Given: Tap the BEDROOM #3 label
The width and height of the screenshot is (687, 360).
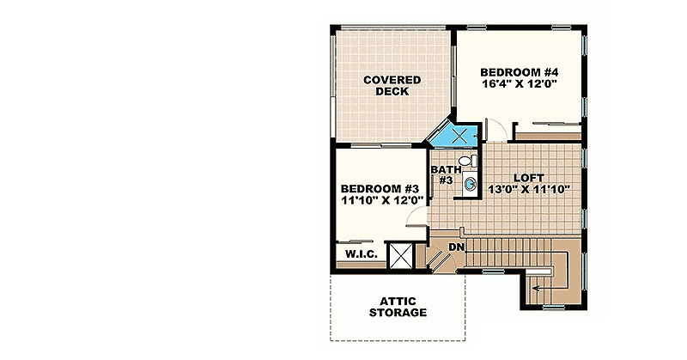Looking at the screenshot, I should [x=379, y=189].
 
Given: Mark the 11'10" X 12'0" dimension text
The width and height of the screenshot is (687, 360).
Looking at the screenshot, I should [x=379, y=202].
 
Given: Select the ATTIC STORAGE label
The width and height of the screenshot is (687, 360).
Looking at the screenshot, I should [x=398, y=307].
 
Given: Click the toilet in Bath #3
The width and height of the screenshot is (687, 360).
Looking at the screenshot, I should [x=465, y=161].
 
